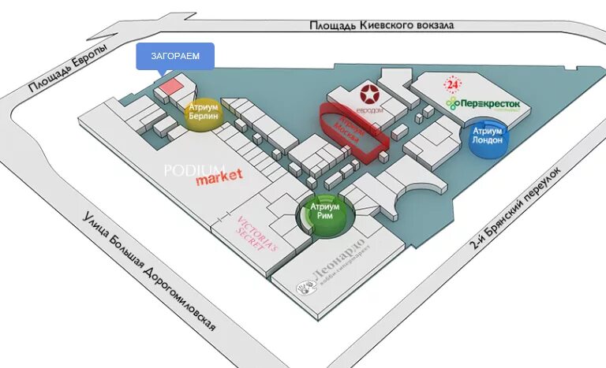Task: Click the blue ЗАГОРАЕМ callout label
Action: click(174, 56)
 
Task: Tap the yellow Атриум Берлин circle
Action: click(204, 114)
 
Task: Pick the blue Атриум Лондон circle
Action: click(484, 137)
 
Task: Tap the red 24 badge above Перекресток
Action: click(452, 84)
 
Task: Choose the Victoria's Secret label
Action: click(258, 237)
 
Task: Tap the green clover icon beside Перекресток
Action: click(452, 103)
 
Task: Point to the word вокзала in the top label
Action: click(434, 25)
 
